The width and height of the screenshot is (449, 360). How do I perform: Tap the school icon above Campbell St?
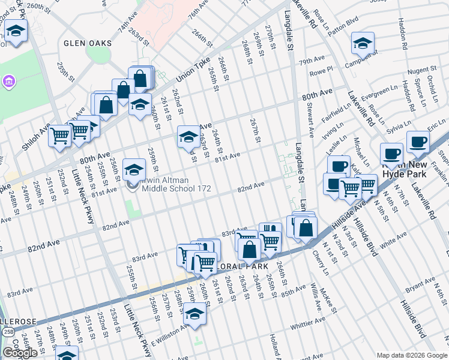point(363,43)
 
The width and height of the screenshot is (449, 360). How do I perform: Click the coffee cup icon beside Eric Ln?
point(418,142)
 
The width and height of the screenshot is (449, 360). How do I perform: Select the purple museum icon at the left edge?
point(9,80)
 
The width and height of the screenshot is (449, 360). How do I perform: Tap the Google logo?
point(20,353)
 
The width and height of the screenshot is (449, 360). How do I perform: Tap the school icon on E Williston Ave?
point(194,314)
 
